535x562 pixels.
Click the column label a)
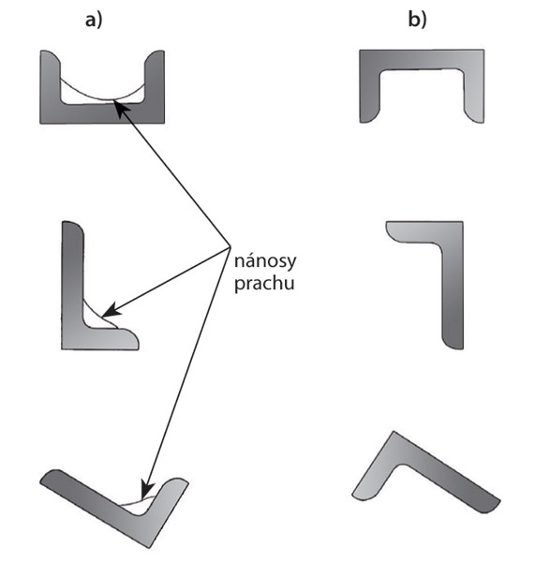point(94,20)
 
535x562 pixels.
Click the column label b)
point(417,20)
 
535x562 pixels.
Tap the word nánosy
point(265,261)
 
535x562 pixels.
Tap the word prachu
point(264,284)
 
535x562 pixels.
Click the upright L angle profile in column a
point(72,287)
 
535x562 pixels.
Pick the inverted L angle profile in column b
point(453,287)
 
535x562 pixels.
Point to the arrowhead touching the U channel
point(119,107)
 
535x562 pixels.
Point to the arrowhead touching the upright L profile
point(111,310)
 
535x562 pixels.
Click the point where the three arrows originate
point(230,247)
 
